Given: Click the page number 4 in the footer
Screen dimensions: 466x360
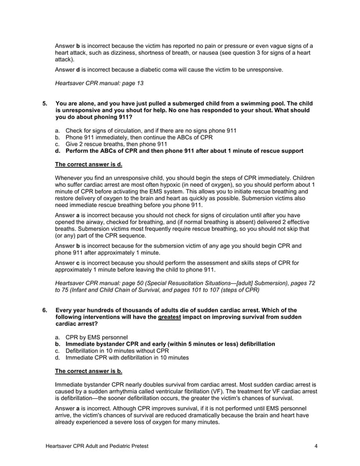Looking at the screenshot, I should pos(316,446).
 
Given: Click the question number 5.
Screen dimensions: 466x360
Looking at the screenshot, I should pos(45,104).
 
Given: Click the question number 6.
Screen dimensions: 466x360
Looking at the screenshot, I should pos(45,310).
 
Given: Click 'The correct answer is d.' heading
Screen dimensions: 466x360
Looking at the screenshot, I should pos(89,165).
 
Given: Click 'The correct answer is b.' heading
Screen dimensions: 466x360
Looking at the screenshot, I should pos(89,371).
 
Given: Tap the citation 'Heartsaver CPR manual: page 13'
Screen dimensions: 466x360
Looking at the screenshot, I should pos(99,83).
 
